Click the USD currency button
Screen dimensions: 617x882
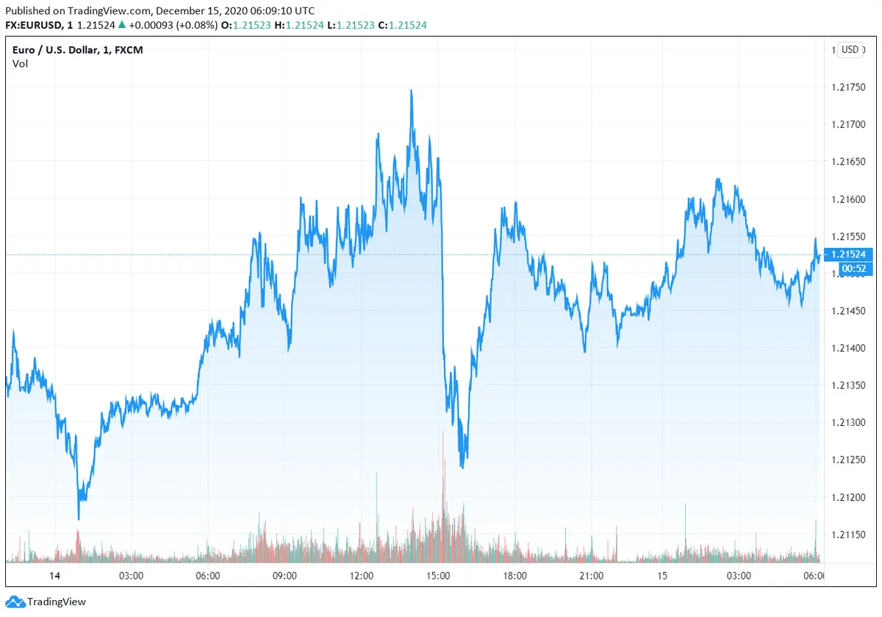[850, 49]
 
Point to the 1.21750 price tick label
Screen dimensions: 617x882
[849, 88]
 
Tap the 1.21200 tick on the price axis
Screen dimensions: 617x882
[849, 497]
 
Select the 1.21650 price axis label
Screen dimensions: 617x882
[849, 162]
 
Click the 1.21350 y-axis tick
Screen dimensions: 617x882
[849, 385]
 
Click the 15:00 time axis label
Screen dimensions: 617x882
[438, 575]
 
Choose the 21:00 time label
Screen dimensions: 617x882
[591, 575]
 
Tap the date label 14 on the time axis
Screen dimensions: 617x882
[53, 575]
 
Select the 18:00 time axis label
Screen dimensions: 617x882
[514, 575]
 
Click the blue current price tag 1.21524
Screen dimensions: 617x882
[849, 254]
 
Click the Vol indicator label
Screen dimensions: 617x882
[20, 63]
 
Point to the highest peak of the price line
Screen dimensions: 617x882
[411, 90]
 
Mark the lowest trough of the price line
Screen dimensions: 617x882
[79, 519]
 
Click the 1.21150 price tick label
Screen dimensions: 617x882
[849, 535]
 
